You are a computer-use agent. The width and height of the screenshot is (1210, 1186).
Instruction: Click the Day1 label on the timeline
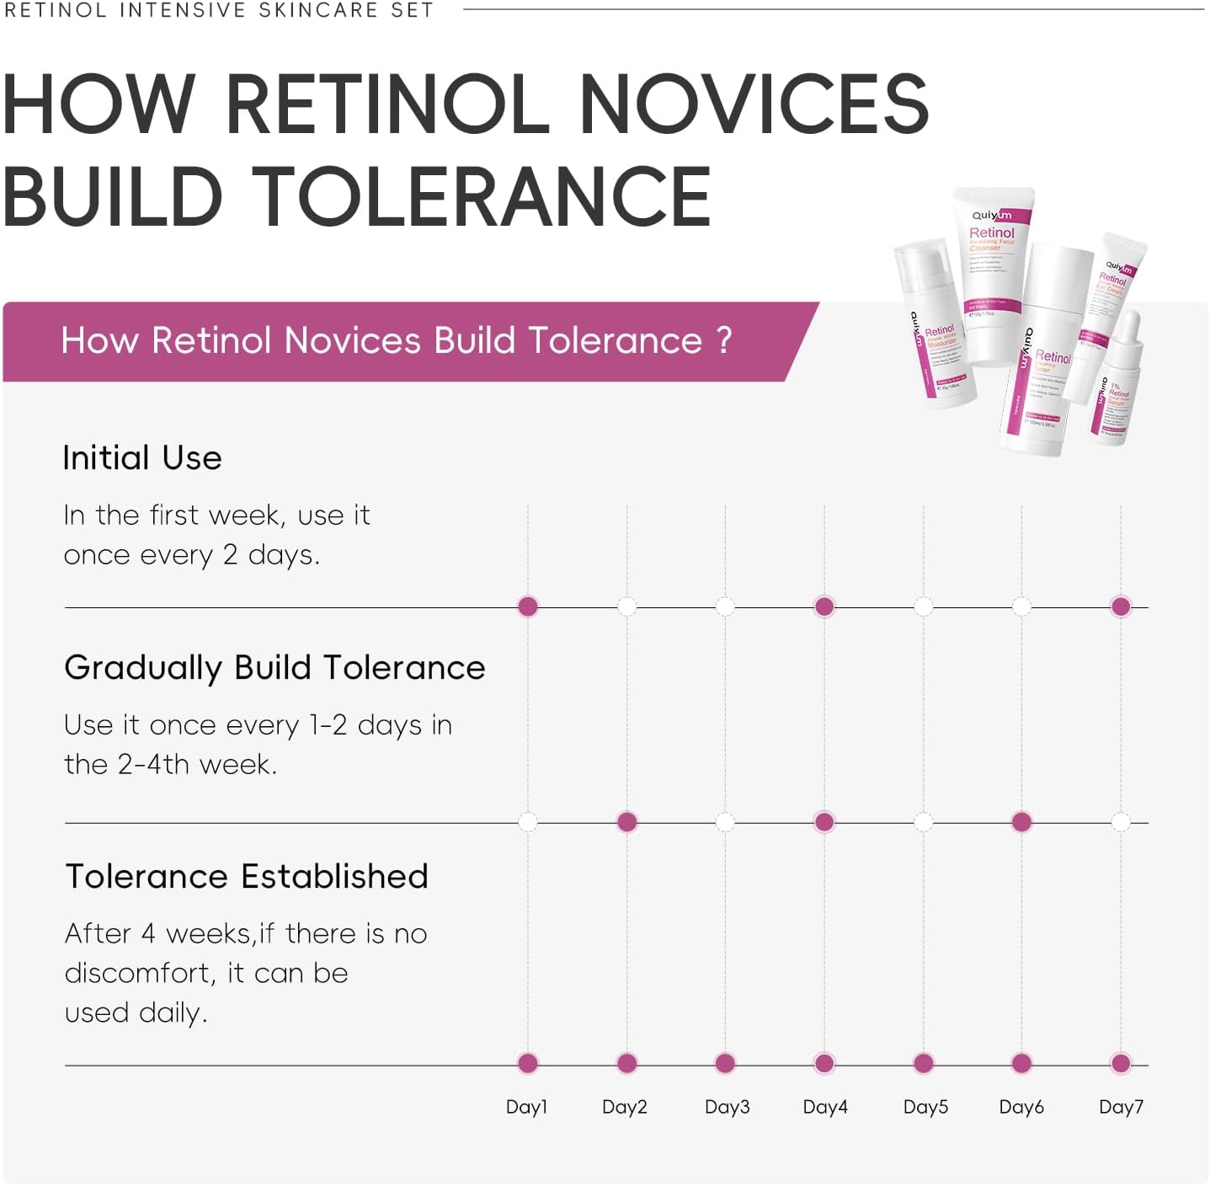click(526, 1107)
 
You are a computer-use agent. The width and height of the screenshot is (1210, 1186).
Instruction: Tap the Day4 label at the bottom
click(825, 1107)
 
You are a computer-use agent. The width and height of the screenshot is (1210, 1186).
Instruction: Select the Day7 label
click(1121, 1107)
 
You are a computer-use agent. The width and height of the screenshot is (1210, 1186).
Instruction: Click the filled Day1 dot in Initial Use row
click(528, 606)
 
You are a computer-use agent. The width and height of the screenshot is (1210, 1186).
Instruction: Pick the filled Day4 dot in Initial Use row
click(824, 606)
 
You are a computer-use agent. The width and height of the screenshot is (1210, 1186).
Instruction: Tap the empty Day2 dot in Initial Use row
click(626, 606)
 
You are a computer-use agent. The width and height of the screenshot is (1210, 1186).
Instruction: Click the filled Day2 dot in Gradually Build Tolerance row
click(626, 822)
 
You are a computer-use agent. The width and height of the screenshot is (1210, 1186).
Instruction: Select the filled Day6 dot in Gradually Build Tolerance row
click(1021, 822)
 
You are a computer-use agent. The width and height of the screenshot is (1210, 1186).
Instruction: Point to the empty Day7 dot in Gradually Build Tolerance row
click(1121, 822)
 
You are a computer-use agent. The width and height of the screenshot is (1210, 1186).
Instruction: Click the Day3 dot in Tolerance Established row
click(725, 1063)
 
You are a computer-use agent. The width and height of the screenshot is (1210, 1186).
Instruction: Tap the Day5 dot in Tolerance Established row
click(924, 1063)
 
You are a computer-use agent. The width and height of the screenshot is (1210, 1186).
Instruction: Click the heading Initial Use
click(142, 458)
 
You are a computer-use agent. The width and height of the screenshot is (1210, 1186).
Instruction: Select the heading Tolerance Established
click(247, 877)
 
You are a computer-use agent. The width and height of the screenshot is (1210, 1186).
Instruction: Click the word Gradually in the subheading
click(143, 668)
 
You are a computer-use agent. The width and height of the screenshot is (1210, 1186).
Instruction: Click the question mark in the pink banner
click(723, 341)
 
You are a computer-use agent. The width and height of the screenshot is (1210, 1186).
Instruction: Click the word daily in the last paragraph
click(173, 1012)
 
